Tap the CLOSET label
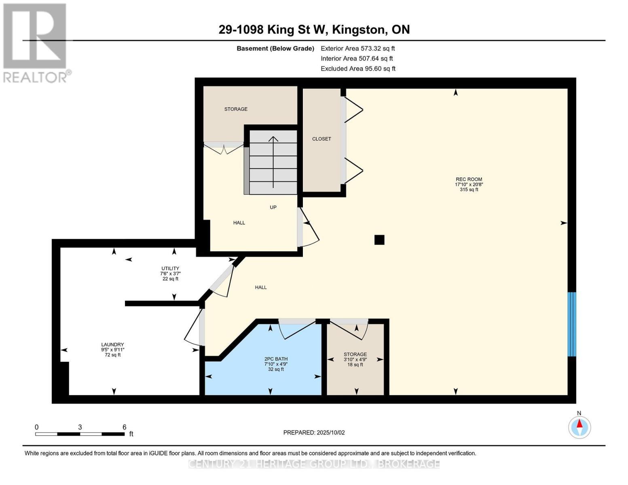click(x=321, y=139)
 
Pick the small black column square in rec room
click(x=379, y=240)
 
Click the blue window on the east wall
click(x=571, y=324)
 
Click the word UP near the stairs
click(x=273, y=207)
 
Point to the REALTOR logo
click(x=36, y=42)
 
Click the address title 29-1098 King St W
click(x=314, y=30)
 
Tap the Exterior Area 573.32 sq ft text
click(x=357, y=48)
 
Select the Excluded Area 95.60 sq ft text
click(x=358, y=69)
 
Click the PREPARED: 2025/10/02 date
click(x=314, y=432)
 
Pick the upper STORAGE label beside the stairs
click(x=236, y=109)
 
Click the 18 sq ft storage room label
click(x=355, y=359)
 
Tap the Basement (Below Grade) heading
click(x=275, y=48)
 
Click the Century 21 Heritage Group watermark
click(x=314, y=464)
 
